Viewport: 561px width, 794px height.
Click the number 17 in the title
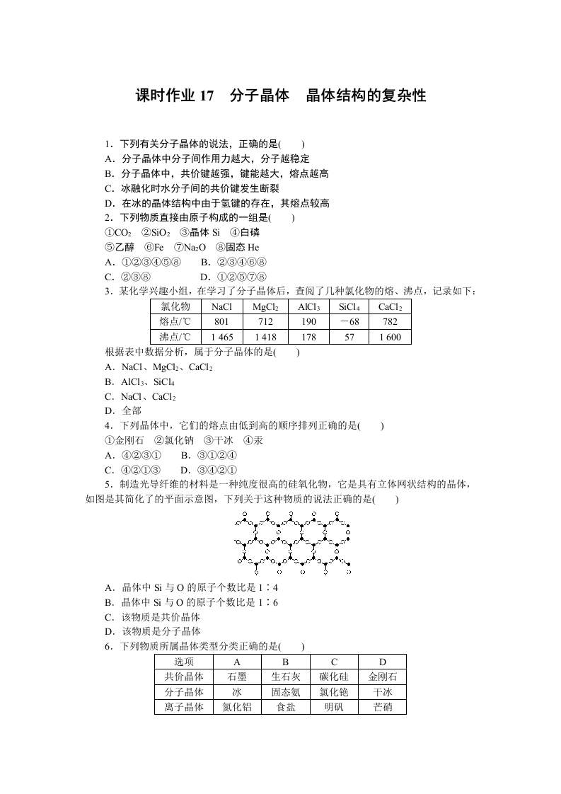[206, 96]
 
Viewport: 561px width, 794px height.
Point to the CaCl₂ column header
[390, 307]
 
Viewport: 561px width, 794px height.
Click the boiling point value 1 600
[390, 337]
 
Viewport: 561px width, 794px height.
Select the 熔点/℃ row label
[175, 322]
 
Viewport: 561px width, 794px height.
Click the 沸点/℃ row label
[175, 337]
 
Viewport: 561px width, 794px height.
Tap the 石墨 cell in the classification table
[237, 677]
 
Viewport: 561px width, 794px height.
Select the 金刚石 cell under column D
[383, 677]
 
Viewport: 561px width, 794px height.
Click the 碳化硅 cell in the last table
[334, 677]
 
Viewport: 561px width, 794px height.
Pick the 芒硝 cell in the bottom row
[383, 706]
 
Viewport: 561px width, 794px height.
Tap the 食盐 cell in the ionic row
[286, 706]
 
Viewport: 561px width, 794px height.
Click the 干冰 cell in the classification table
[383, 692]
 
